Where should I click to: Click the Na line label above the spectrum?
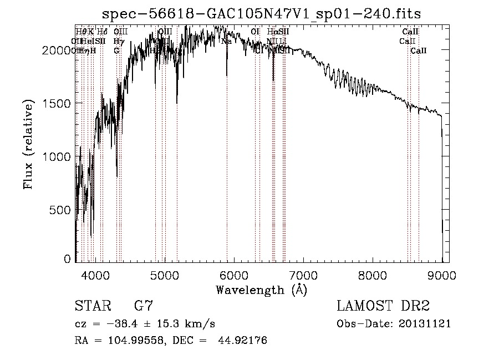(226, 41)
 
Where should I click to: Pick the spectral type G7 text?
(144, 306)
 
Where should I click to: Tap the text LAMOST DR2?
(383, 306)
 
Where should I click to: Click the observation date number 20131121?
(424, 324)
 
